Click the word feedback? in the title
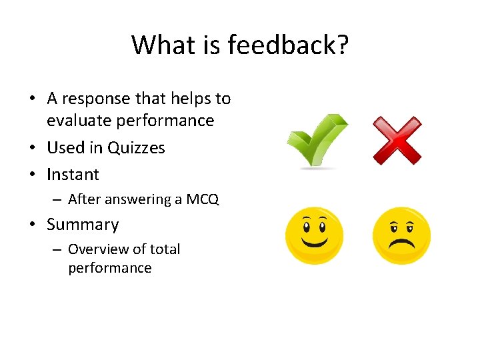(288, 45)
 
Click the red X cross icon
(397, 141)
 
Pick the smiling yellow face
(314, 235)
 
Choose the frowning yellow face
(401, 235)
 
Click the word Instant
(73, 175)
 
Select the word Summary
(83, 225)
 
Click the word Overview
(99, 249)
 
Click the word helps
(187, 99)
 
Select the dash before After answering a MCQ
(58, 199)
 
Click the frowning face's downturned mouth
(401, 243)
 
